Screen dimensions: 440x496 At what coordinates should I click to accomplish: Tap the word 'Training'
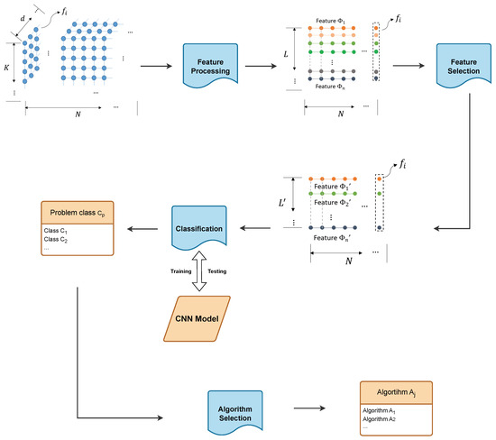click(x=174, y=270)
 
